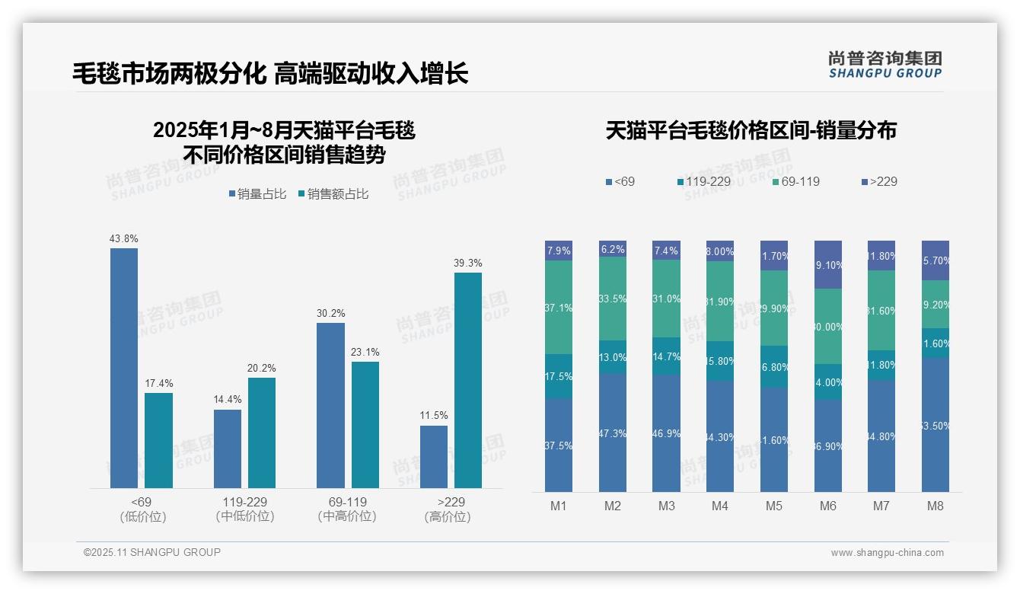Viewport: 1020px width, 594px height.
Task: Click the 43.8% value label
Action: coord(124,238)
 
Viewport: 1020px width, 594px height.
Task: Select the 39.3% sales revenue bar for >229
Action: coord(468,380)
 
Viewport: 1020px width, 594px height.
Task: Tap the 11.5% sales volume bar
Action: coord(434,456)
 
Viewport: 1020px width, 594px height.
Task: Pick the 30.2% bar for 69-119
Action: coord(330,405)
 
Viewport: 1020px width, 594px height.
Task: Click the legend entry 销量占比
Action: coord(257,194)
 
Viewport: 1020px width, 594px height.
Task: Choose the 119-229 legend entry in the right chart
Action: coord(704,181)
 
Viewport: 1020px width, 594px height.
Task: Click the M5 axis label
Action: coord(774,506)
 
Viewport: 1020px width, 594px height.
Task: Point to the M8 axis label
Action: coord(936,506)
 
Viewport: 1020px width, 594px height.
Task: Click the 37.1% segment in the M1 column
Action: coord(559,307)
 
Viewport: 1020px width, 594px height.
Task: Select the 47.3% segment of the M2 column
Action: coord(613,433)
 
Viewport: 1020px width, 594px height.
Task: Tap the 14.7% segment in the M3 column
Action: coord(666,356)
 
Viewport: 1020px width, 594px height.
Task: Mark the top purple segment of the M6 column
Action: coord(828,264)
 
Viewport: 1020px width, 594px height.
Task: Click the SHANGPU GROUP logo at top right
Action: coord(885,65)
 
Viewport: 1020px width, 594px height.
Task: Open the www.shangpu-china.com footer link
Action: coord(887,553)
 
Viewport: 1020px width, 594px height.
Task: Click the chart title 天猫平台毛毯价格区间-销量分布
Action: coord(751,130)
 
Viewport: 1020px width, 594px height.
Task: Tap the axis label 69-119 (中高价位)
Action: coord(347,509)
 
